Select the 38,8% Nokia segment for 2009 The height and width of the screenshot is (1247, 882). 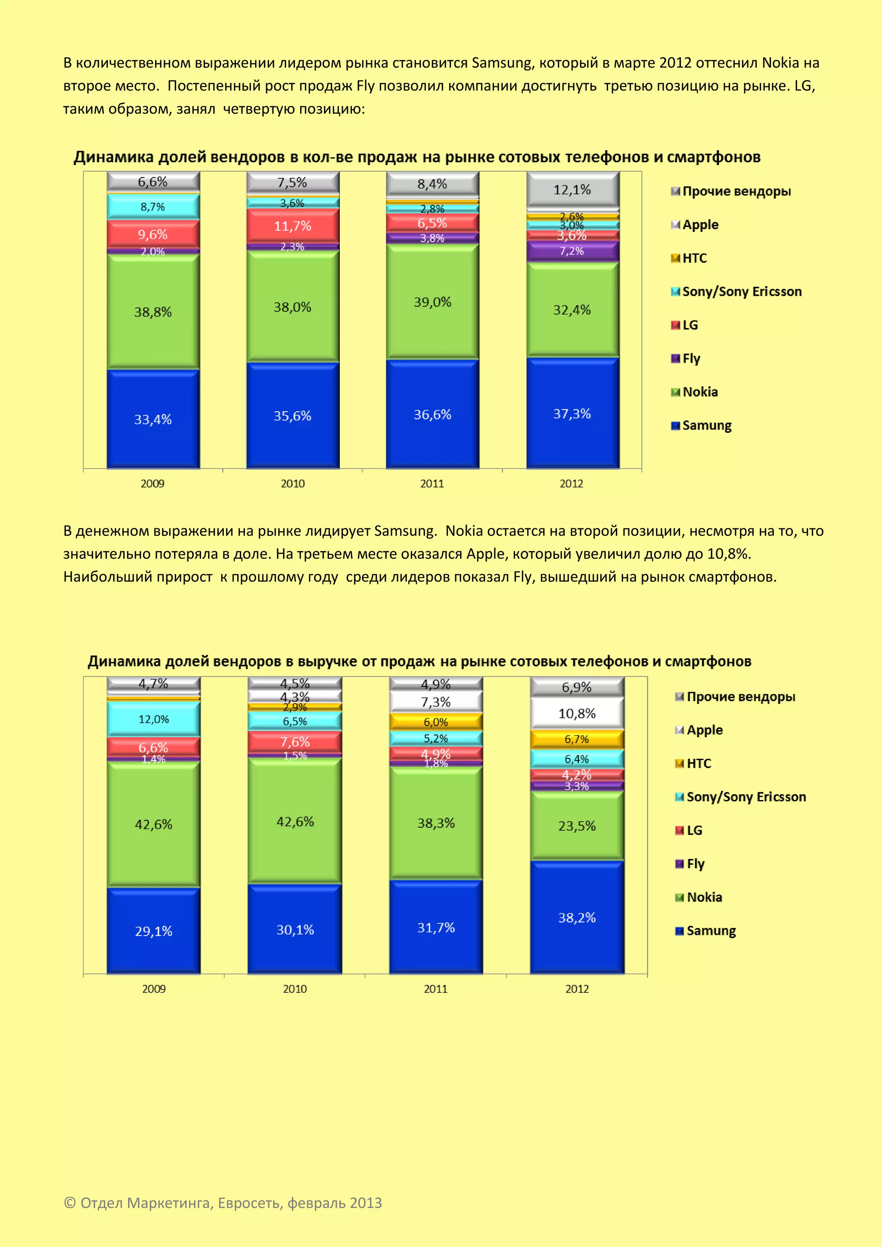coord(153,312)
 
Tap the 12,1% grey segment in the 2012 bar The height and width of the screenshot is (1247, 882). coord(572,189)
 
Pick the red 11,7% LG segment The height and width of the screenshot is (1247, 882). coord(293,226)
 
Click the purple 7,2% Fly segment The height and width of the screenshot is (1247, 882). coord(572,251)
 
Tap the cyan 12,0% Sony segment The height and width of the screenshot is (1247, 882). coord(154,719)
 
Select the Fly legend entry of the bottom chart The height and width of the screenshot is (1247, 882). coord(695,864)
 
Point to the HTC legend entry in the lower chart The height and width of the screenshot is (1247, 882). coord(699,763)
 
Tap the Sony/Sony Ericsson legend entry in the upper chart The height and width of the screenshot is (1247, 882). coord(741,292)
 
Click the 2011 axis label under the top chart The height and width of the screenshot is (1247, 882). coord(432,484)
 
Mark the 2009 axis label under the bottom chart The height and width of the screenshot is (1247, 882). coord(154,989)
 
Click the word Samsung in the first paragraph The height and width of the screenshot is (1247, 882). coord(502,63)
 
